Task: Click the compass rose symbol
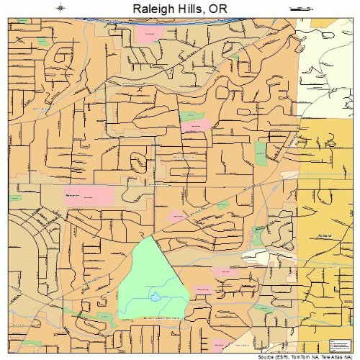(x=61, y=9)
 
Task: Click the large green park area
(x=148, y=277)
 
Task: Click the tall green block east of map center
(x=260, y=151)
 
